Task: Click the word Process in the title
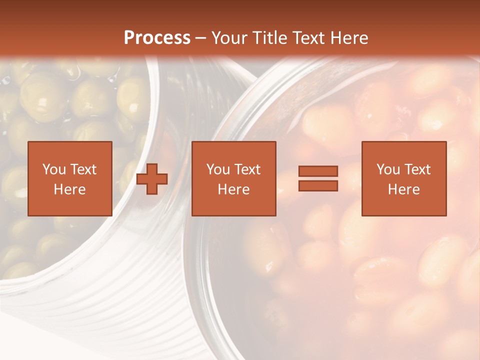pos(157,38)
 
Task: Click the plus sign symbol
pos(152,179)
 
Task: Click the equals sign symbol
pos(318,178)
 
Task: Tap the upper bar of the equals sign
pos(318,171)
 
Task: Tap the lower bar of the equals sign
pos(318,185)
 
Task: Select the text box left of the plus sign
pos(69,178)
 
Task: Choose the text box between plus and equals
pos(233,178)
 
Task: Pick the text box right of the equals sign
pos(403,178)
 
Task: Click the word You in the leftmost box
pos(53,169)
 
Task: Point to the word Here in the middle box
pos(233,189)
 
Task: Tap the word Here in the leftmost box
pos(69,189)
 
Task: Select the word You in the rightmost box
pos(387,169)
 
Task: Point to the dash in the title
pos(201,38)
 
